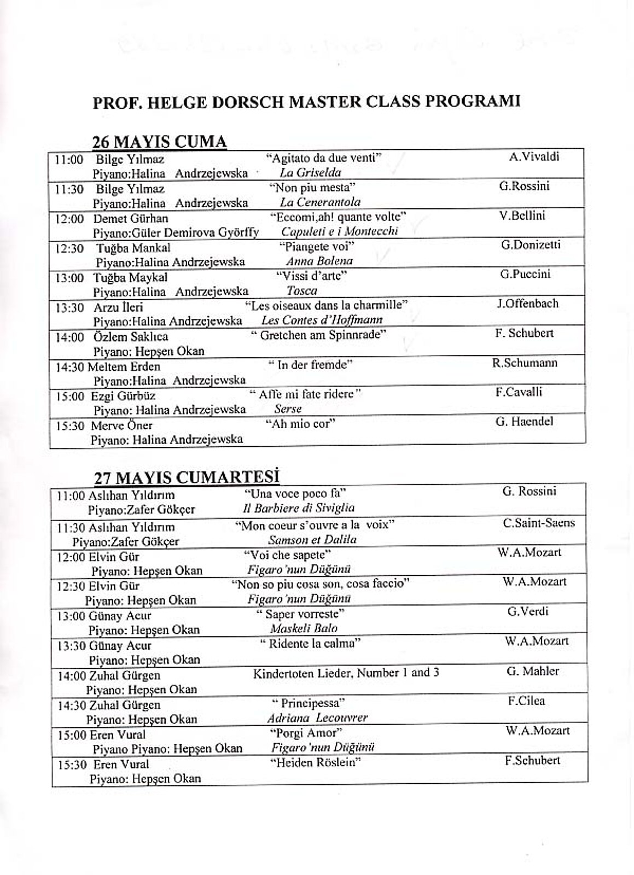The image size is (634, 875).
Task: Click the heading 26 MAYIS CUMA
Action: tap(159, 142)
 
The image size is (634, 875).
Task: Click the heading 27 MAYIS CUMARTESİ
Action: tap(187, 476)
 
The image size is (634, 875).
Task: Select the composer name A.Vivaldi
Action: tap(534, 157)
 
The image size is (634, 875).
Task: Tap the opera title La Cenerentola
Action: tap(320, 202)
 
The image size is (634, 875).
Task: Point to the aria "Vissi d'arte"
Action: tap(311, 275)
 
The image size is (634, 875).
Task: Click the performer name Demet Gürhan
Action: tap(131, 219)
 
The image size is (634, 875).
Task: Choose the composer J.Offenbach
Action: tap(527, 304)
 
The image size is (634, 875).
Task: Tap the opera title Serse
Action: tap(288, 409)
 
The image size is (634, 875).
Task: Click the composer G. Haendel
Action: tap(524, 422)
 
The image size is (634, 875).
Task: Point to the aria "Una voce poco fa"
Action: tap(295, 493)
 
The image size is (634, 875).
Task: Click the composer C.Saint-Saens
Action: tap(539, 523)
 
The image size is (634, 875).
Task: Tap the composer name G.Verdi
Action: tap(527, 611)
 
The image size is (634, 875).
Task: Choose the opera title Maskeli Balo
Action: tap(304, 628)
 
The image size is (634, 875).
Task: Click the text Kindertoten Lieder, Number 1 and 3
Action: tap(346, 673)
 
